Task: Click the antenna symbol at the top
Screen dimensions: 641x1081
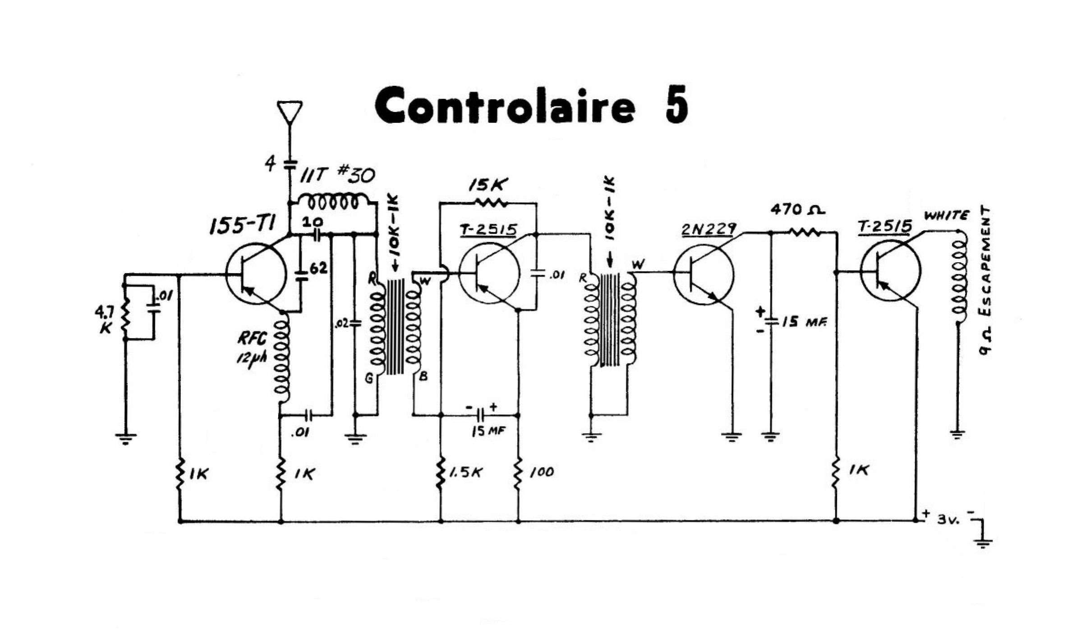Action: (x=290, y=112)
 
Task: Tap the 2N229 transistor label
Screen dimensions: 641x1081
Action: (x=708, y=229)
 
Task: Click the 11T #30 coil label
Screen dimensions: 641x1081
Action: (x=337, y=175)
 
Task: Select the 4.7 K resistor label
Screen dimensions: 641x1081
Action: (x=106, y=320)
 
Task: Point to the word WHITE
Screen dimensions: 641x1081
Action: (x=946, y=216)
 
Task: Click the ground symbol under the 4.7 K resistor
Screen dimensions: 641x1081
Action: (x=125, y=438)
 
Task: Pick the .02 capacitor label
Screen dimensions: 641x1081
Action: (x=341, y=323)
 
